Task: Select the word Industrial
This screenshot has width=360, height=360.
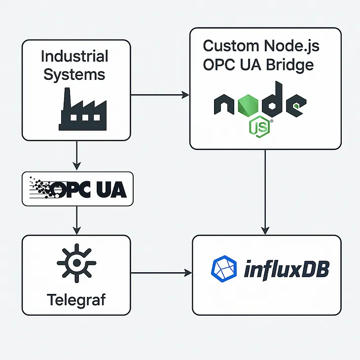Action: coord(74,56)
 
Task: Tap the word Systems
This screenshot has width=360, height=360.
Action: coord(74,75)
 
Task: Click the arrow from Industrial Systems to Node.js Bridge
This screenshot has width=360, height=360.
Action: coord(160,94)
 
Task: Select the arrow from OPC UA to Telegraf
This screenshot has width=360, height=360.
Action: coord(76,220)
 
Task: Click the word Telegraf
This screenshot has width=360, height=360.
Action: coord(76,299)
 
